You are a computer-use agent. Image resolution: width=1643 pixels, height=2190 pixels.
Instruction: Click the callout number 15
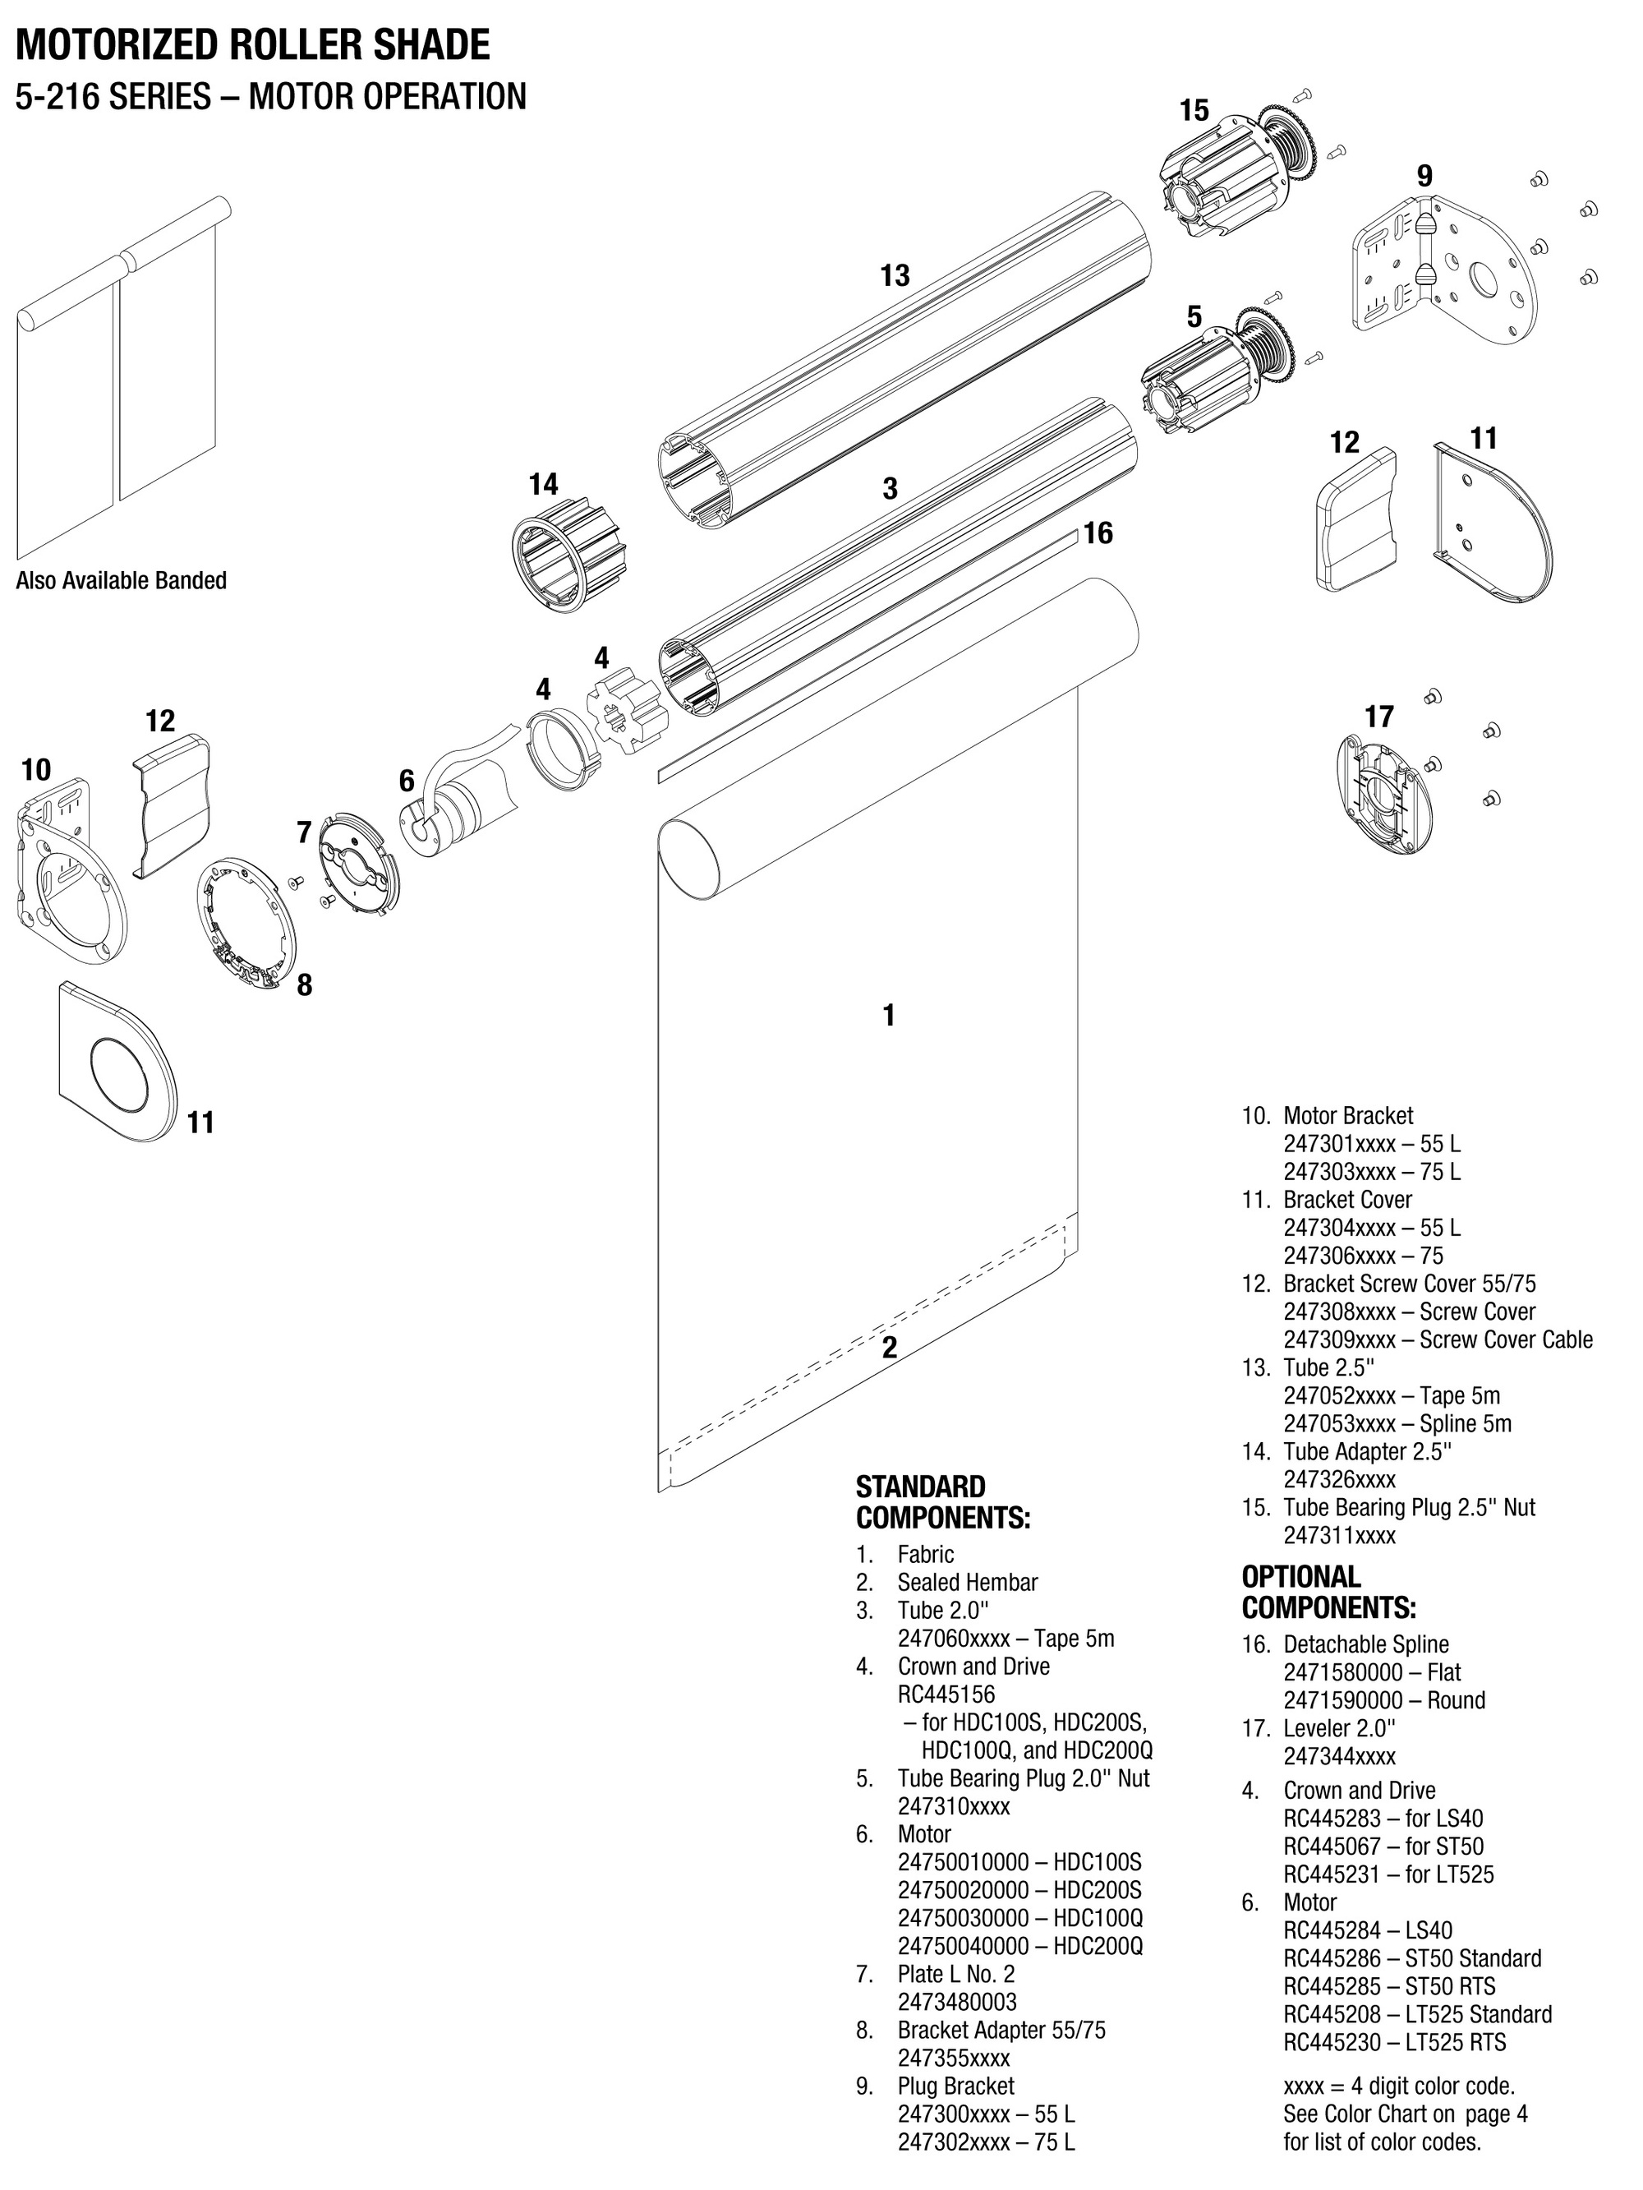point(1194,111)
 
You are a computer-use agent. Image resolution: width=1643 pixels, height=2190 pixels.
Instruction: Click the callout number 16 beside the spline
point(1098,533)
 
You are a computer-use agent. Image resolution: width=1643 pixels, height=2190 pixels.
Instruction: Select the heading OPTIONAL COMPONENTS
point(1328,1591)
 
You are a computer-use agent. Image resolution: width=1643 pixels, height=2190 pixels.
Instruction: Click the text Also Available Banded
point(121,581)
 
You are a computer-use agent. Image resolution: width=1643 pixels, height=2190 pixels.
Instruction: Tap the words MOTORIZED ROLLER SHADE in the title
point(252,45)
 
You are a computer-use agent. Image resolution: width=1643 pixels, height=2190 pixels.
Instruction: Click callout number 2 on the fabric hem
point(889,1347)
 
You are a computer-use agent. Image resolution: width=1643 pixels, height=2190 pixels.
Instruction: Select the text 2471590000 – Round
point(1383,1700)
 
